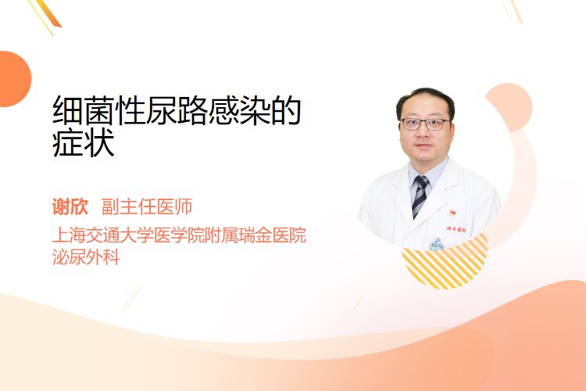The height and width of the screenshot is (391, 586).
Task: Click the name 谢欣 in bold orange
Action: pyautogui.click(x=70, y=207)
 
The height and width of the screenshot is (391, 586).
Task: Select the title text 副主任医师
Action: pyautogui.click(x=147, y=207)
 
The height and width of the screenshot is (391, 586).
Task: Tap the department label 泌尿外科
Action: pyautogui.click(x=86, y=257)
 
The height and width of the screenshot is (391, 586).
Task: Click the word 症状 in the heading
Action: pyautogui.click(x=84, y=143)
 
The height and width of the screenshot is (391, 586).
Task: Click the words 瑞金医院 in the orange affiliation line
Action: pyautogui.click(x=273, y=235)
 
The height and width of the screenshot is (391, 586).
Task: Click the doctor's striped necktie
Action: pyautogui.click(x=420, y=195)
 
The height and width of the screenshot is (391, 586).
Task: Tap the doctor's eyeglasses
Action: pyautogui.click(x=425, y=124)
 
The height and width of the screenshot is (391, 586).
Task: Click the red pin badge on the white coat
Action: pyautogui.click(x=452, y=213)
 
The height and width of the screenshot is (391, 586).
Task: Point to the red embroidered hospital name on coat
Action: pyautogui.click(x=456, y=229)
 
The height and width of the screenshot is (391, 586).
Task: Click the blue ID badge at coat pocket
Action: pyautogui.click(x=436, y=244)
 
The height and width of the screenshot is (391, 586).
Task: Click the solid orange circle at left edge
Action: pyautogui.click(x=14, y=79)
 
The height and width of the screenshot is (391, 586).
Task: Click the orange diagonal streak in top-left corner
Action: pyautogui.click(x=51, y=14)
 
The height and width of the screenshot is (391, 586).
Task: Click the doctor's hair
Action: pyautogui.click(x=425, y=100)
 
